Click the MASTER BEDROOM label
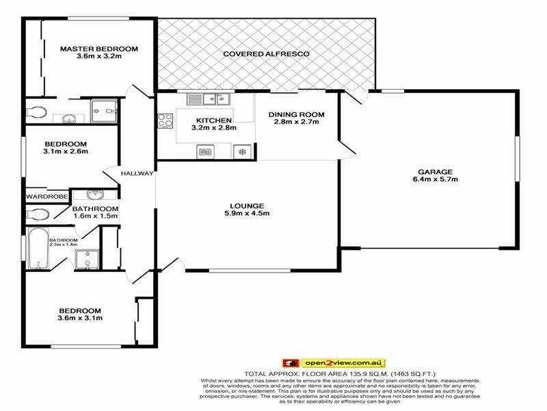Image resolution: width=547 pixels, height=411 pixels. pyautogui.click(x=98, y=49)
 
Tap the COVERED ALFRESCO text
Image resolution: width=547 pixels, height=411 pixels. pyautogui.click(x=267, y=53)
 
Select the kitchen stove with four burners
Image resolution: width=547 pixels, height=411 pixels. pyautogui.click(x=165, y=121)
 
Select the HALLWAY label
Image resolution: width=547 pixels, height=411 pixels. pyautogui.click(x=137, y=174)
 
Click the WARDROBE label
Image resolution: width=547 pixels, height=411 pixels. pyautogui.click(x=47, y=197)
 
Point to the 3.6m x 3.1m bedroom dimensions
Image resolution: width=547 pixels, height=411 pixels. pyautogui.click(x=79, y=317)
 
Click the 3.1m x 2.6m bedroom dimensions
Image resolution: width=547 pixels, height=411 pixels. pyautogui.click(x=66, y=151)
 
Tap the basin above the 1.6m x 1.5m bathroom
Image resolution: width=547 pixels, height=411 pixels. pyautogui.click(x=94, y=194)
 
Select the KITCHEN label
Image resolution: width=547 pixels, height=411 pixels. pyautogui.click(x=204, y=121)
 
